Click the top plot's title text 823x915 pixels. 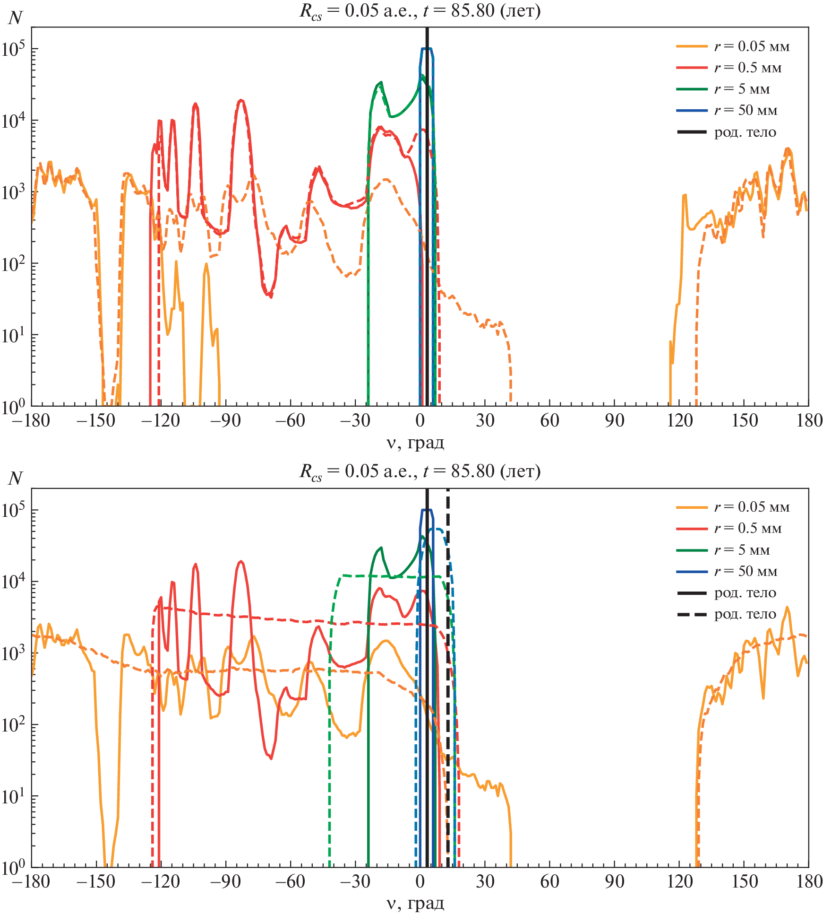point(420,10)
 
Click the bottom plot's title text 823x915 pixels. point(420,471)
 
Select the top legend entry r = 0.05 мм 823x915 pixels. point(751,46)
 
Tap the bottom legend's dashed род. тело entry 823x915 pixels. point(745,614)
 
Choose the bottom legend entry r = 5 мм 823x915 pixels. point(741,550)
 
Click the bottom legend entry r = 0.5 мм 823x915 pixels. point(747,528)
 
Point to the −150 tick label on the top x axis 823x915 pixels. point(96,420)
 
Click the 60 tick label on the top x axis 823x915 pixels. point(549,420)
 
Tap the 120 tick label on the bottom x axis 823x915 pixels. point(679,881)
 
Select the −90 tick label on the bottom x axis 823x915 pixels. point(225,881)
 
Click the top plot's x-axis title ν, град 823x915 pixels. point(415,443)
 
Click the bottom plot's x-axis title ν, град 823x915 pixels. point(415,903)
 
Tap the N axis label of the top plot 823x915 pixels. point(15,18)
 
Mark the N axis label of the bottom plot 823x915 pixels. point(15,479)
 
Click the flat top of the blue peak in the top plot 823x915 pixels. point(426,48)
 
